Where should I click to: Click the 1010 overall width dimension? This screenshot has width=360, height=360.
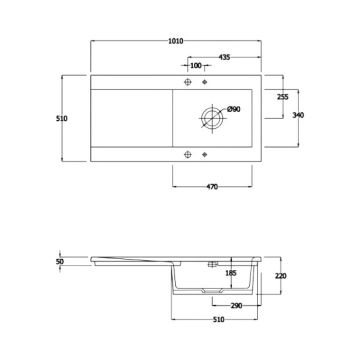pos(176,41)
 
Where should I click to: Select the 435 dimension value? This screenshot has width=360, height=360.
pos(224,57)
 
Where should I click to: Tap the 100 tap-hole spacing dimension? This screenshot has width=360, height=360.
pos(196,66)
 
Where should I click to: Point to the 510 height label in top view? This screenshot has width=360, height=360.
pos(62,118)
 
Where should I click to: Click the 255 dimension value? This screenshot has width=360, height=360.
pos(283,97)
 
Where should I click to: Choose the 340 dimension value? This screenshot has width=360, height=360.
pos(298,115)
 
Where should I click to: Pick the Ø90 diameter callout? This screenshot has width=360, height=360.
pos(234,109)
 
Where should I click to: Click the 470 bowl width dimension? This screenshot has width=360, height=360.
pos(212,187)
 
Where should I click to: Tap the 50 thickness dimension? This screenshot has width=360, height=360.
pos(60,262)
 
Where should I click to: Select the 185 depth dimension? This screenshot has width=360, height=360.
pos(231,273)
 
